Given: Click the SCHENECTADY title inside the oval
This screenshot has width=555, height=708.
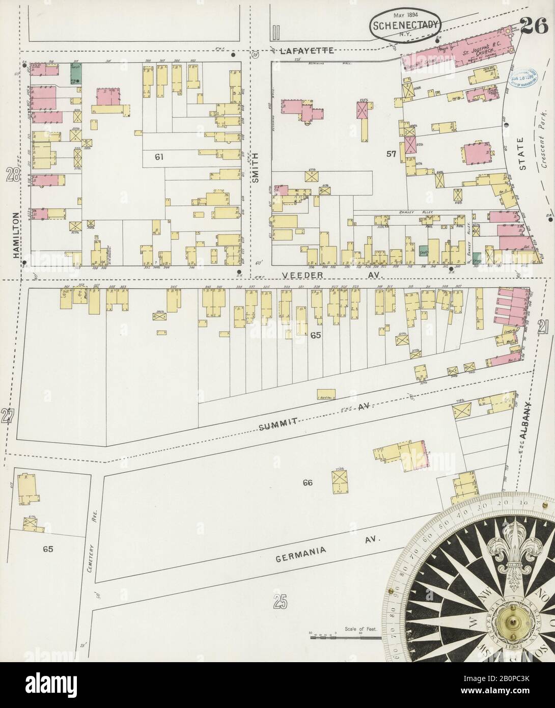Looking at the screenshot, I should [405, 26].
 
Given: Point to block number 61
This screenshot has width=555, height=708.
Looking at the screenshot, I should [159, 157].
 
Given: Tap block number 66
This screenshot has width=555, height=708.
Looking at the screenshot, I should [307, 482].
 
